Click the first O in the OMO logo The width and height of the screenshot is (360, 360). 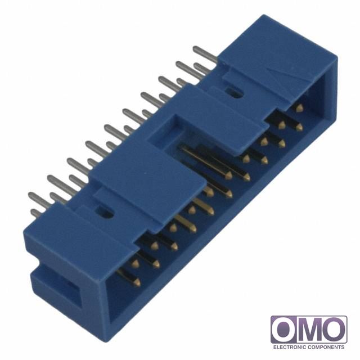[284, 330]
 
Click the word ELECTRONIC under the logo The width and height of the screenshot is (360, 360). [289, 347]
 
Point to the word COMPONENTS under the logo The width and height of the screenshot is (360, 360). [326, 347]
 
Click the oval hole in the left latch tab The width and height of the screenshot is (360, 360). [105, 213]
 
